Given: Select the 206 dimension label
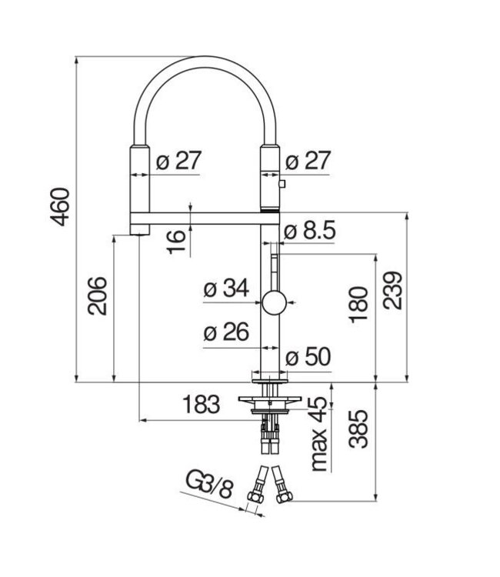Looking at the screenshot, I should (x=97, y=295).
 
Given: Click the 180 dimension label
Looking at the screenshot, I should (x=358, y=305).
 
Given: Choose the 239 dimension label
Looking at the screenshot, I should (x=392, y=290).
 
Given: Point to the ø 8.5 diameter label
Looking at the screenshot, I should (x=310, y=231).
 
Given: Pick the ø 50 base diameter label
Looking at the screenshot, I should (x=308, y=357).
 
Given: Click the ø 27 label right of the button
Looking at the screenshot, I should (x=308, y=161).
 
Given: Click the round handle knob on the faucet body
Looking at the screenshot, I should (x=272, y=303).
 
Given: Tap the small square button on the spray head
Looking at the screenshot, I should (x=282, y=183).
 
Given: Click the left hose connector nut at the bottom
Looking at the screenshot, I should (x=253, y=496).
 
